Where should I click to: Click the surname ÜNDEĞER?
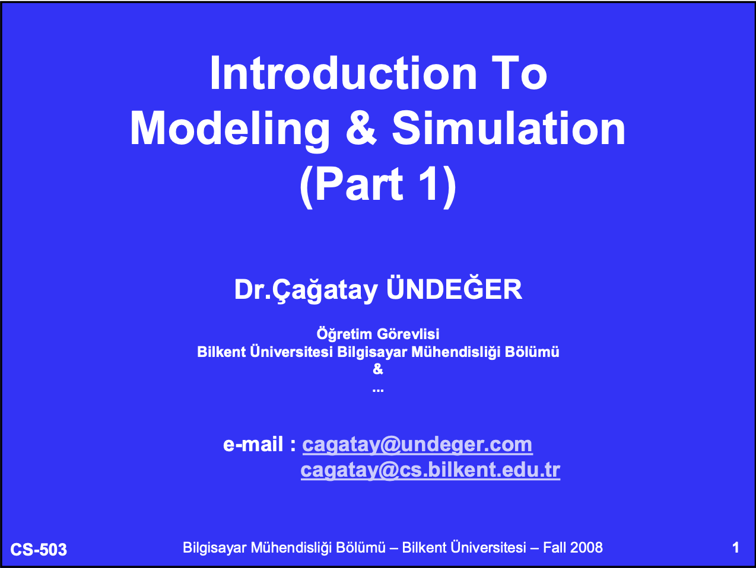[454, 288]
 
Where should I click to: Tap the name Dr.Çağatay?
[306, 291]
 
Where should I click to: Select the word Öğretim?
[344, 334]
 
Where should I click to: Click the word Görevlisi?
[408, 334]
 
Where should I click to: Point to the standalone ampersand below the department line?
[378, 369]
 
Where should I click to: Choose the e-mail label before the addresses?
[260, 444]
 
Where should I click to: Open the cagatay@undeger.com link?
[417, 445]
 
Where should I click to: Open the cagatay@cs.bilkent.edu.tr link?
[430, 471]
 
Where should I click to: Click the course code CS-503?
[39, 550]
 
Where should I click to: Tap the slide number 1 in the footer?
[736, 548]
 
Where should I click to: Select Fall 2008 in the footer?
[573, 548]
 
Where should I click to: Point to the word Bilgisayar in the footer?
[215, 548]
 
